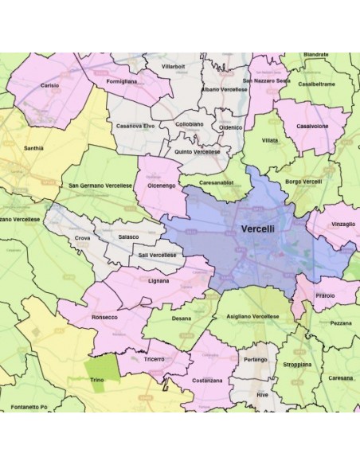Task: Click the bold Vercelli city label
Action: [260, 229]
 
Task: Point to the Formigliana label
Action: [121, 81]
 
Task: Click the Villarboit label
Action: [173, 66]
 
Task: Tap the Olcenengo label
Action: [162, 184]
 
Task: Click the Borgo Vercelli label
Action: [303, 182]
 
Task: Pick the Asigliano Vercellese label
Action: [252, 316]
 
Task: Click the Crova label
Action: [82, 237]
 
